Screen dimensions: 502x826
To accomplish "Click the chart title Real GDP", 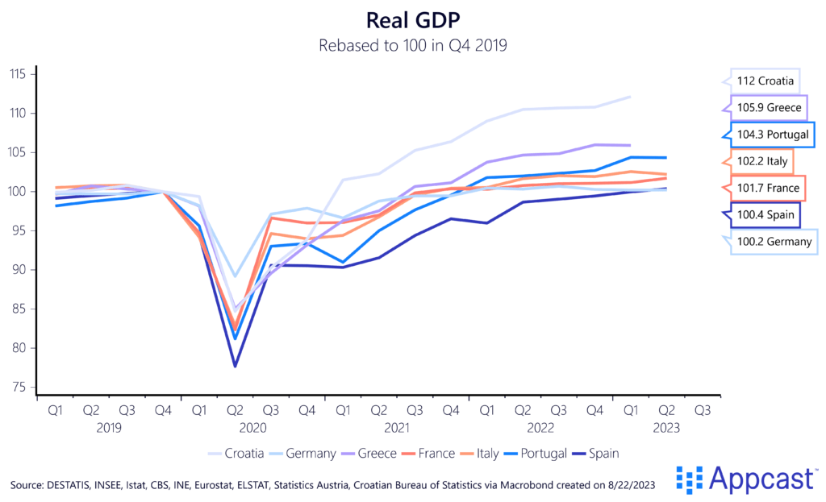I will [x=413, y=20].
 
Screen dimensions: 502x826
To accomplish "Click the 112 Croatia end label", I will [x=765, y=81].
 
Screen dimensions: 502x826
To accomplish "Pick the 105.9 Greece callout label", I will [x=767, y=107].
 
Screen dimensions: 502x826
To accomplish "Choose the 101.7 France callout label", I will [x=766, y=188].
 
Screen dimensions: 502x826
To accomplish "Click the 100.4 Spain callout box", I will [x=762, y=215].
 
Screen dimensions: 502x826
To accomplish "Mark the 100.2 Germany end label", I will [x=772, y=242].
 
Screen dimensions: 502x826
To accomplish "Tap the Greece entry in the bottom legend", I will [x=376, y=454].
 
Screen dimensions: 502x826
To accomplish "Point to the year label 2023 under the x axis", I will [x=666, y=427].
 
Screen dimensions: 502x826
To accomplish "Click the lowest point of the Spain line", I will [x=235, y=367].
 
